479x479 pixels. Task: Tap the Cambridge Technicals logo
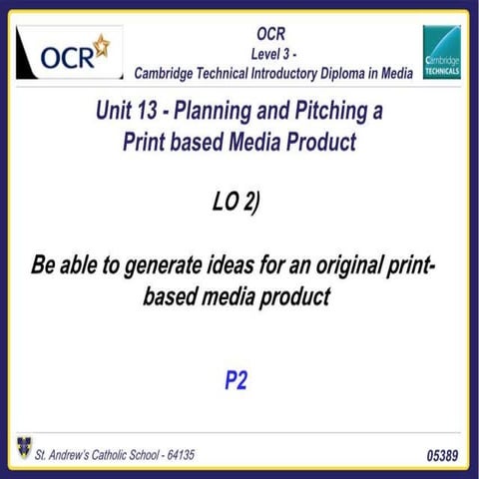pos(441,52)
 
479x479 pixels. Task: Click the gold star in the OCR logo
pos(100,45)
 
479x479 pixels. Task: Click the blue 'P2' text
pos(236,379)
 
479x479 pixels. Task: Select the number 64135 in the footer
pos(176,455)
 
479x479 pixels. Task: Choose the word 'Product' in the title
pos(320,141)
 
